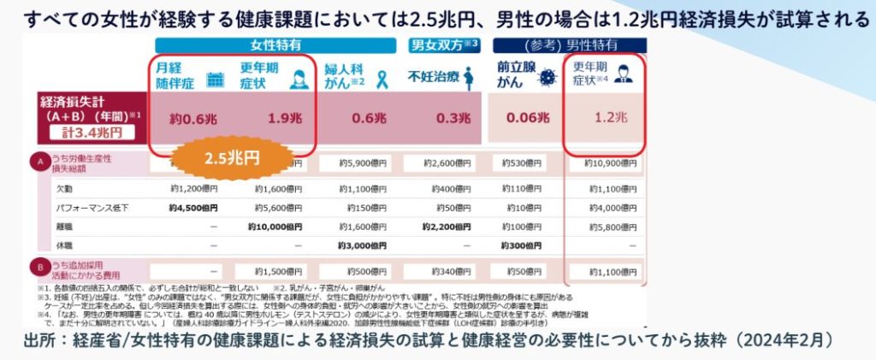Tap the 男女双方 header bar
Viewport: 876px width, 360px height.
point(444,45)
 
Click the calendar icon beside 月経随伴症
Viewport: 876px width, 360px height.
point(216,79)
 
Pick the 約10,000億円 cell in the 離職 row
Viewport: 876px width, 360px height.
point(275,227)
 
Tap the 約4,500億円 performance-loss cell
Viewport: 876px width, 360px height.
point(193,208)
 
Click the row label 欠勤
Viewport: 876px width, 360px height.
point(68,188)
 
